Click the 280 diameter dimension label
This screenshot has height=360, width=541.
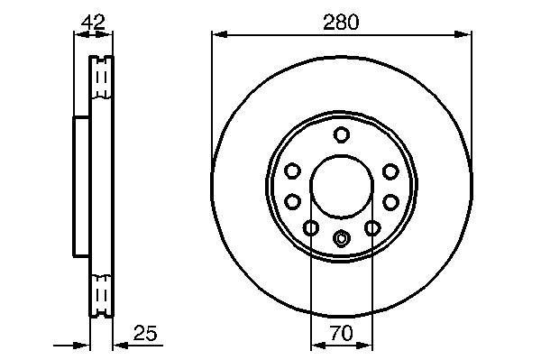[341, 22]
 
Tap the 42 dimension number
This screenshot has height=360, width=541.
[93, 22]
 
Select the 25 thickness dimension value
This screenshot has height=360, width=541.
[145, 333]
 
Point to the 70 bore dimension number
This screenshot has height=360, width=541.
[342, 333]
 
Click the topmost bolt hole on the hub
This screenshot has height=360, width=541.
[342, 134]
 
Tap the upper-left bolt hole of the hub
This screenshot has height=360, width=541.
[292, 171]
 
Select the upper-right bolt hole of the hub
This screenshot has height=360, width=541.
[391, 171]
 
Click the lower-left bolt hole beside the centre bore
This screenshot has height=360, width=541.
[292, 201]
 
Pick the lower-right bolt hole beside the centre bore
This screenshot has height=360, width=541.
[391, 201]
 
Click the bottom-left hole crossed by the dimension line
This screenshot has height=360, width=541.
[311, 227]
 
